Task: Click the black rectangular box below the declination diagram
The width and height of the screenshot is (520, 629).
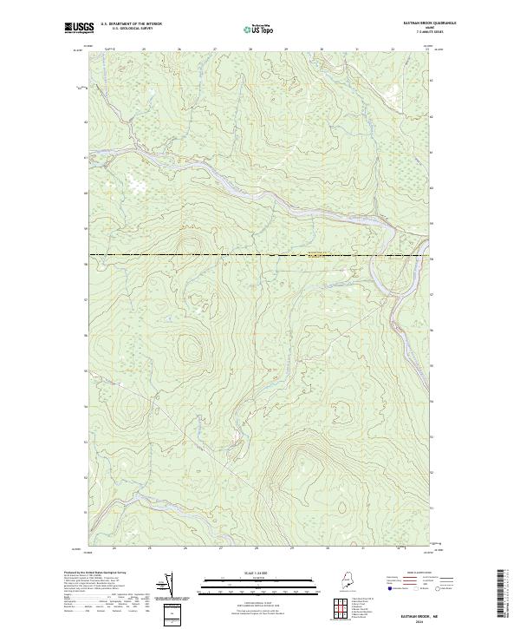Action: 174,615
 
